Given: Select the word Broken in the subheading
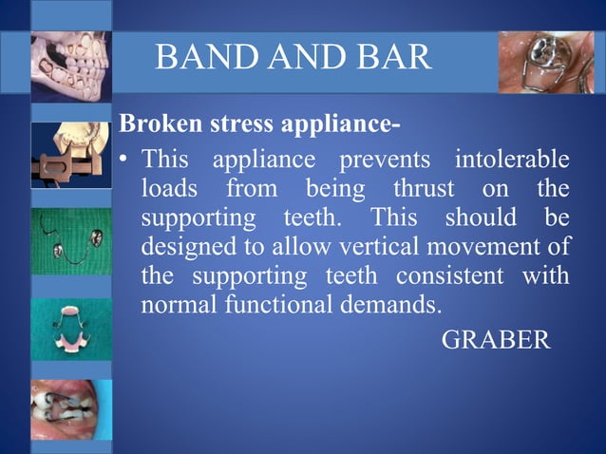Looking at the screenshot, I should point(155,125).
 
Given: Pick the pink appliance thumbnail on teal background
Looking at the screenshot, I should point(71,329).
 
